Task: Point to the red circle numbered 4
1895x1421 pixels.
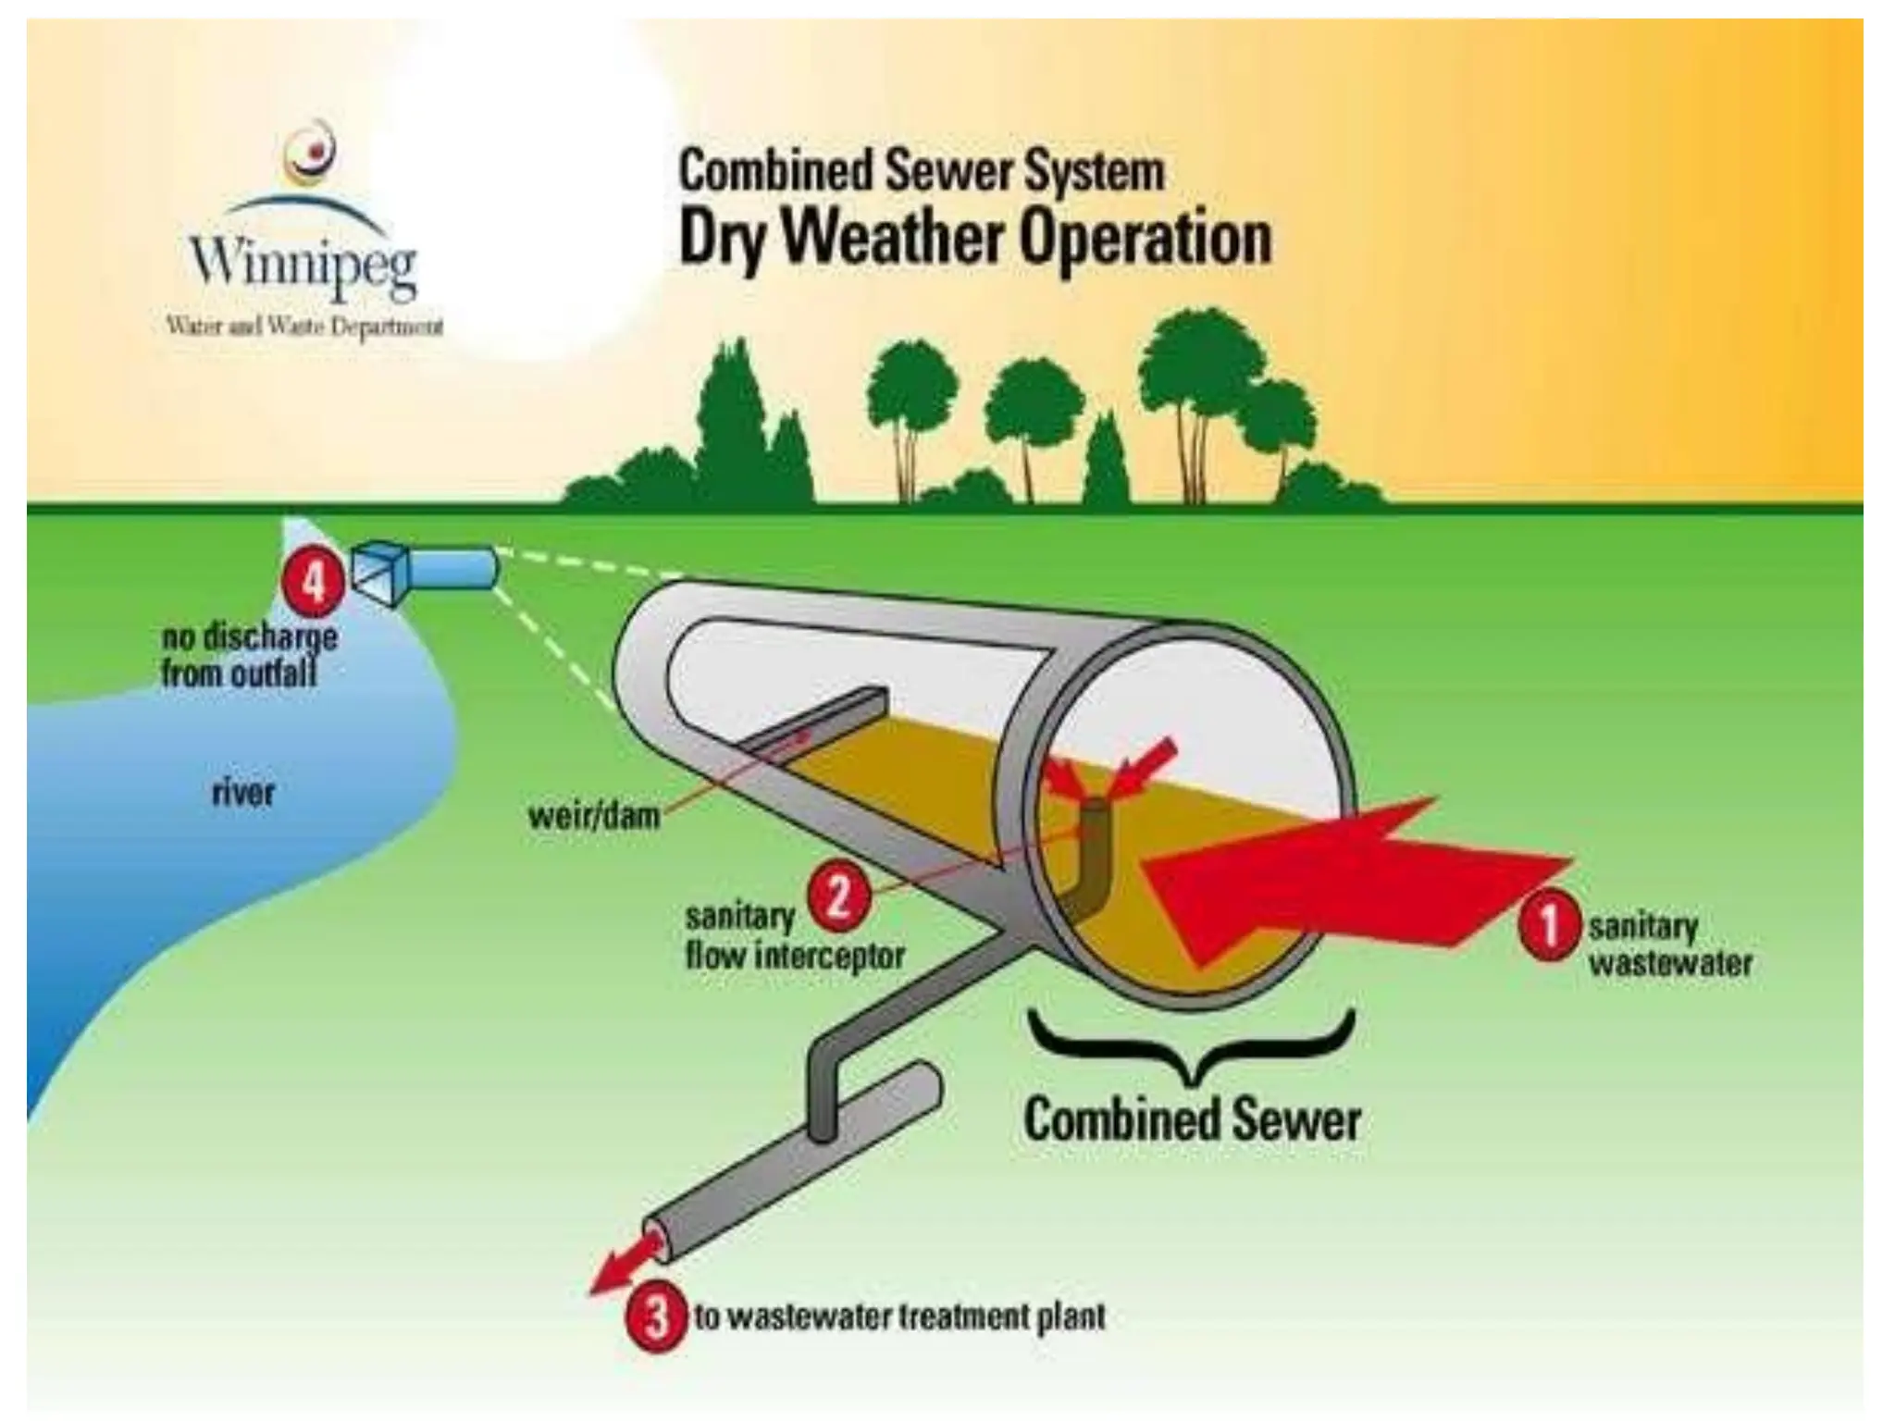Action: [315, 583]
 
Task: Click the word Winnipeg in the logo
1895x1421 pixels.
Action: [303, 262]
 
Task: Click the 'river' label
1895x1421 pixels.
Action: [243, 792]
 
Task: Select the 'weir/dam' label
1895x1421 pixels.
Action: [593, 816]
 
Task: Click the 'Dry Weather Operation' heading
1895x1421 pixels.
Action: [975, 239]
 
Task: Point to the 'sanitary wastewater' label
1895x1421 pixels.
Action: [1669, 945]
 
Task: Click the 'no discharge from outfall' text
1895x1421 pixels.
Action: [248, 655]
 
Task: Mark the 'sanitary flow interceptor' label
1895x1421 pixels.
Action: [794, 936]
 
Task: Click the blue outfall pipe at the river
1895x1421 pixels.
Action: [453, 567]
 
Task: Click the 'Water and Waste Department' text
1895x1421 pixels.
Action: [304, 326]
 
